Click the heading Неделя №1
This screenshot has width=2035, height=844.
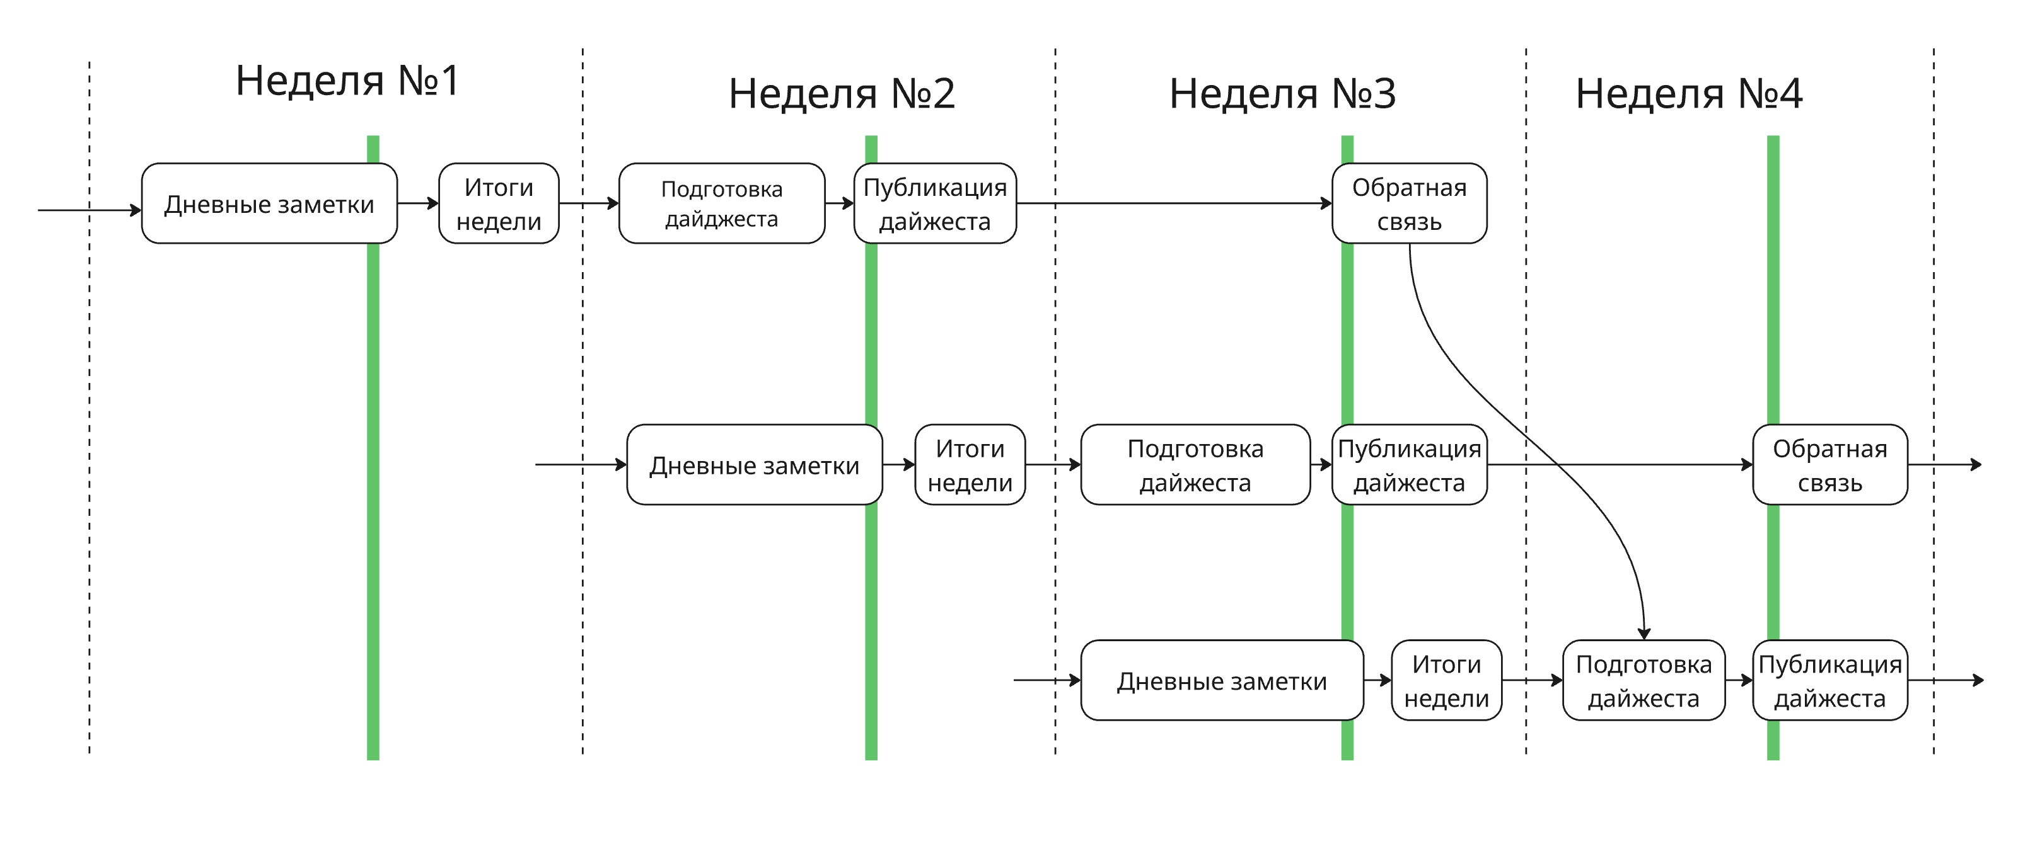click(x=347, y=81)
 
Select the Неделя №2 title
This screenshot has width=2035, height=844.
click(x=842, y=93)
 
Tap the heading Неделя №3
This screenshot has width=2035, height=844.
click(x=1282, y=93)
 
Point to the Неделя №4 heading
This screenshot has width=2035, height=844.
click(x=1688, y=93)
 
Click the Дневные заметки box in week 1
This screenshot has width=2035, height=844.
click(x=269, y=203)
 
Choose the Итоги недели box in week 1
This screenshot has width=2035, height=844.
click(x=499, y=203)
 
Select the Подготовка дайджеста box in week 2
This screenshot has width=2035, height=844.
click(x=721, y=203)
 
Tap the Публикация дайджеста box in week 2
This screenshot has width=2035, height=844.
click(x=934, y=203)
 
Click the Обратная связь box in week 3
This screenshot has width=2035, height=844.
click(x=1408, y=203)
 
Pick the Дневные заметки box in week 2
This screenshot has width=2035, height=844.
click(x=753, y=465)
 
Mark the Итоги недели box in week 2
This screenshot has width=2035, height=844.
click(x=970, y=465)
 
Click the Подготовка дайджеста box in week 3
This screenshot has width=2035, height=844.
click(x=1195, y=465)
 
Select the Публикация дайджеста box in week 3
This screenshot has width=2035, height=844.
click(x=1408, y=465)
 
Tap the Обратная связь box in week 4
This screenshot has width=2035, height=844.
click(x=1829, y=465)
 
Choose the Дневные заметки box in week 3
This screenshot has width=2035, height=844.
click(x=1221, y=681)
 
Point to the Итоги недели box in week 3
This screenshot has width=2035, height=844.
click(x=1446, y=681)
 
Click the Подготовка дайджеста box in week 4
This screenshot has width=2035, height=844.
click(x=1643, y=681)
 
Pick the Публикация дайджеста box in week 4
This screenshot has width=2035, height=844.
click(x=1829, y=681)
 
